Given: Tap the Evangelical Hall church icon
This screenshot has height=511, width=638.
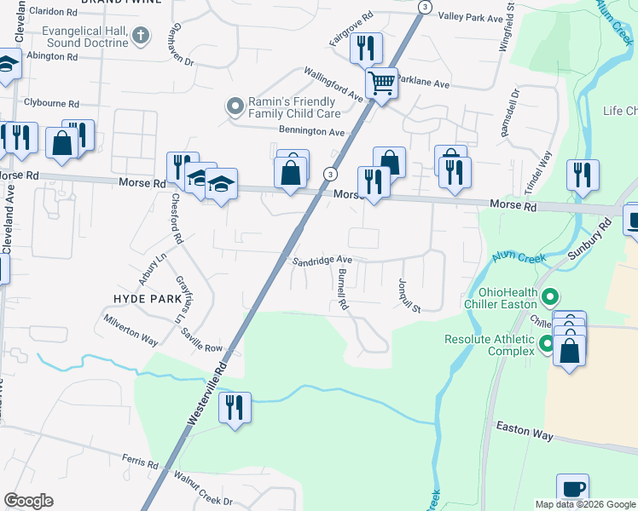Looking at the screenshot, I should click(x=142, y=36).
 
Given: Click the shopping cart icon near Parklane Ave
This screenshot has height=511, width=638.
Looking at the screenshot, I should click(x=381, y=83).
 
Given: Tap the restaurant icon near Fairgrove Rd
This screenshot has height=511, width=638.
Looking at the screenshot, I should click(x=366, y=48).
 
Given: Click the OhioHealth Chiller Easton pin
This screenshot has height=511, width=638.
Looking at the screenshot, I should click(x=550, y=298).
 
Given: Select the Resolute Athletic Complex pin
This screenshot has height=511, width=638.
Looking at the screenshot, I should click(x=547, y=345).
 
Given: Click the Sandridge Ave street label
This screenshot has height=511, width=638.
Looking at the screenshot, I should click(x=322, y=261).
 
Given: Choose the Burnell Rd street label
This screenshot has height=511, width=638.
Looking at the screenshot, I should click(x=342, y=290).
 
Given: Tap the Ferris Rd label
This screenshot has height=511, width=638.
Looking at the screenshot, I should click(x=141, y=465).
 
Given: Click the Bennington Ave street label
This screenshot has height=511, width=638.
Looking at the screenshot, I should click(x=311, y=132).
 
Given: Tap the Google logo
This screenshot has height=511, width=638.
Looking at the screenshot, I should click(x=28, y=500).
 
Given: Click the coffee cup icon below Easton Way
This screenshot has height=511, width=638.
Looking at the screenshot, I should click(x=573, y=490).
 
